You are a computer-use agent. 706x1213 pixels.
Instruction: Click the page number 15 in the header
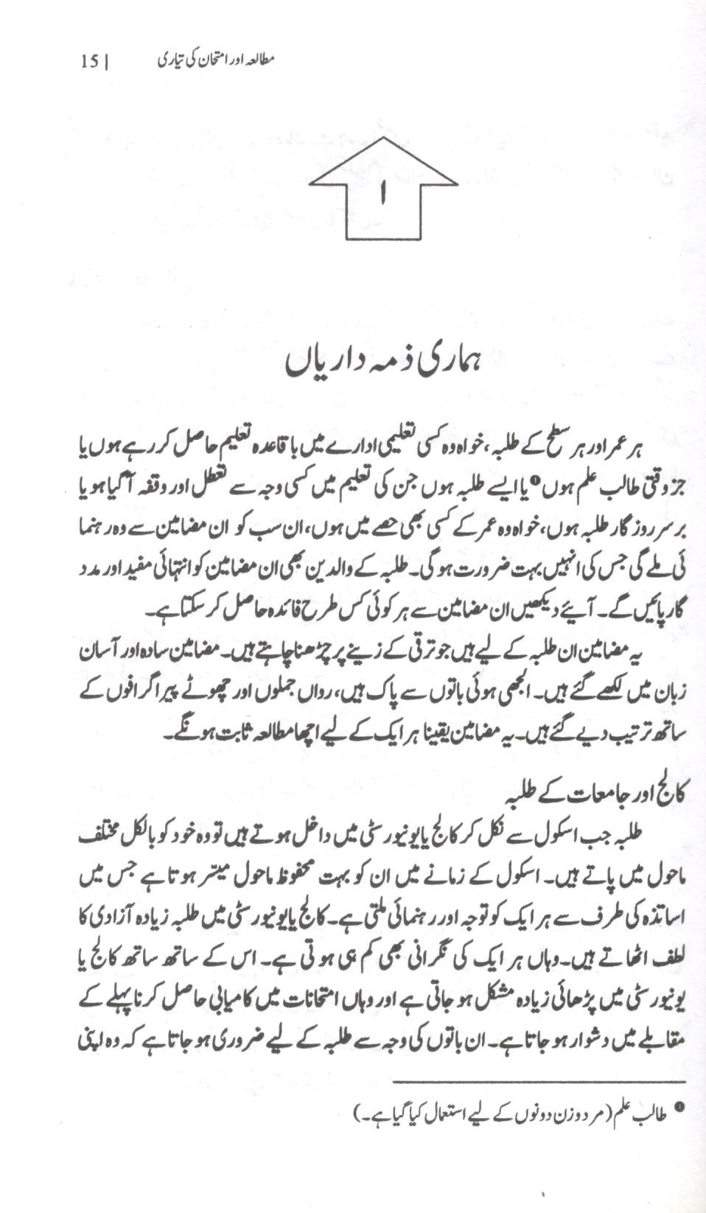click(90, 61)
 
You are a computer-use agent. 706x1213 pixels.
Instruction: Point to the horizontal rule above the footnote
click(539, 1082)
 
